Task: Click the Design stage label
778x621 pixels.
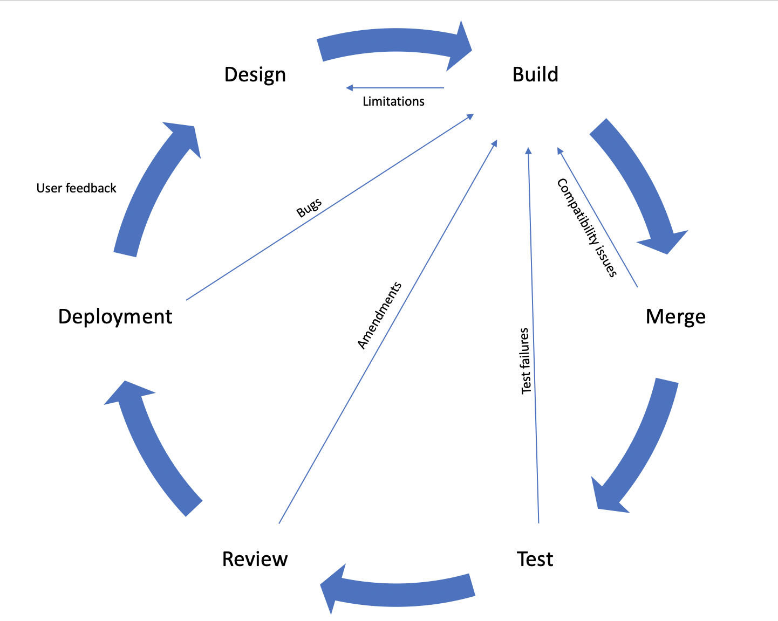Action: pyautogui.click(x=255, y=75)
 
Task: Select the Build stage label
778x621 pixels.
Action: pyautogui.click(x=535, y=74)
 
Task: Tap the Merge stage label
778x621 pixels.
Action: pyautogui.click(x=675, y=316)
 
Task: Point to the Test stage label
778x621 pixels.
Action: pyautogui.click(x=535, y=559)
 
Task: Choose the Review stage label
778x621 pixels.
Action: pyautogui.click(x=255, y=559)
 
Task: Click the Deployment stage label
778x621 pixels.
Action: pyautogui.click(x=115, y=316)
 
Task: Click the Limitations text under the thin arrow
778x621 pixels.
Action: pyautogui.click(x=393, y=101)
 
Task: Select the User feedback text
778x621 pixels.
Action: pyautogui.click(x=76, y=188)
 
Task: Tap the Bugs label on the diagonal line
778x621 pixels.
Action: pyautogui.click(x=309, y=208)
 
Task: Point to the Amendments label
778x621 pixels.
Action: pyautogui.click(x=379, y=315)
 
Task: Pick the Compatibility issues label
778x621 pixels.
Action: pyautogui.click(x=586, y=227)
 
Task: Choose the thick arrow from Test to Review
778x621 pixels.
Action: pyautogui.click(x=399, y=591)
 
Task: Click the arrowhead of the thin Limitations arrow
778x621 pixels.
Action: pyautogui.click(x=350, y=88)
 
